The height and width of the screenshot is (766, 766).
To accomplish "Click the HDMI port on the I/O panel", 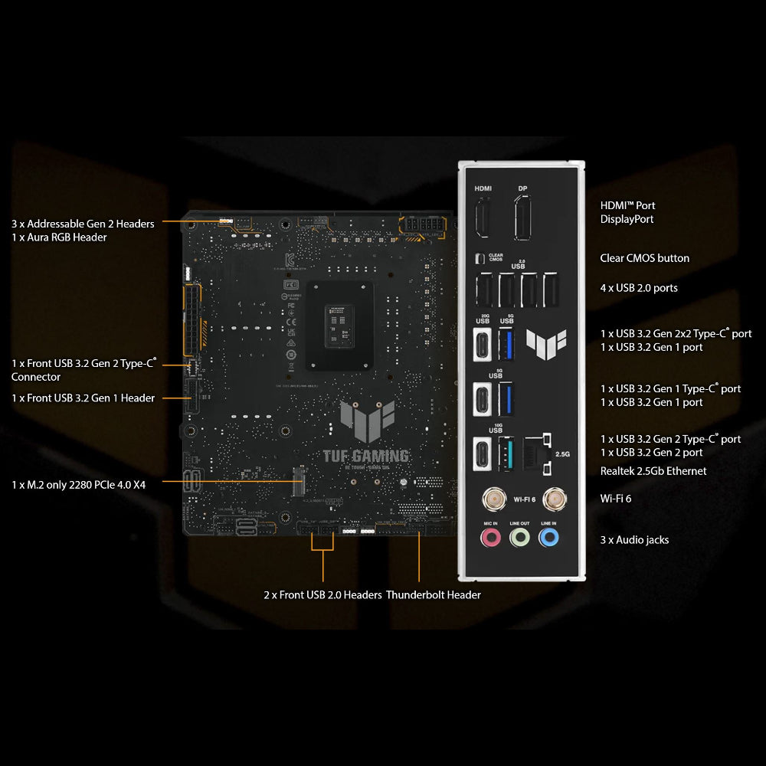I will [483, 217].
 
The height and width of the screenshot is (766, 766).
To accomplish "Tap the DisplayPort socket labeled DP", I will [523, 217].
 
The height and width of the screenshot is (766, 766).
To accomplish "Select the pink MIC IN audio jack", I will [489, 538].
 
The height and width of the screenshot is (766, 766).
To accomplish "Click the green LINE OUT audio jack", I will [519, 538].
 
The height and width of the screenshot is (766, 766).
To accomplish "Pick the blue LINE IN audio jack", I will [548, 538].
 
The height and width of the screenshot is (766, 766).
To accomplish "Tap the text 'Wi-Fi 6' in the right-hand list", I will [615, 499].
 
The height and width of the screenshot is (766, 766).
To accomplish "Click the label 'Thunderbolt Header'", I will [434, 595].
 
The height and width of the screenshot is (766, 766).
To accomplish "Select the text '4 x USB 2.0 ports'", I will [639, 288].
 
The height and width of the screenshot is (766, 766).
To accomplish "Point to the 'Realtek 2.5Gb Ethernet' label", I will [653, 471].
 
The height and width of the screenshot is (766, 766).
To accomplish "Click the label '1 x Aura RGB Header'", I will [59, 237].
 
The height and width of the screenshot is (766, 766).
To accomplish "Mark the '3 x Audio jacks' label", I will [634, 540].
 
